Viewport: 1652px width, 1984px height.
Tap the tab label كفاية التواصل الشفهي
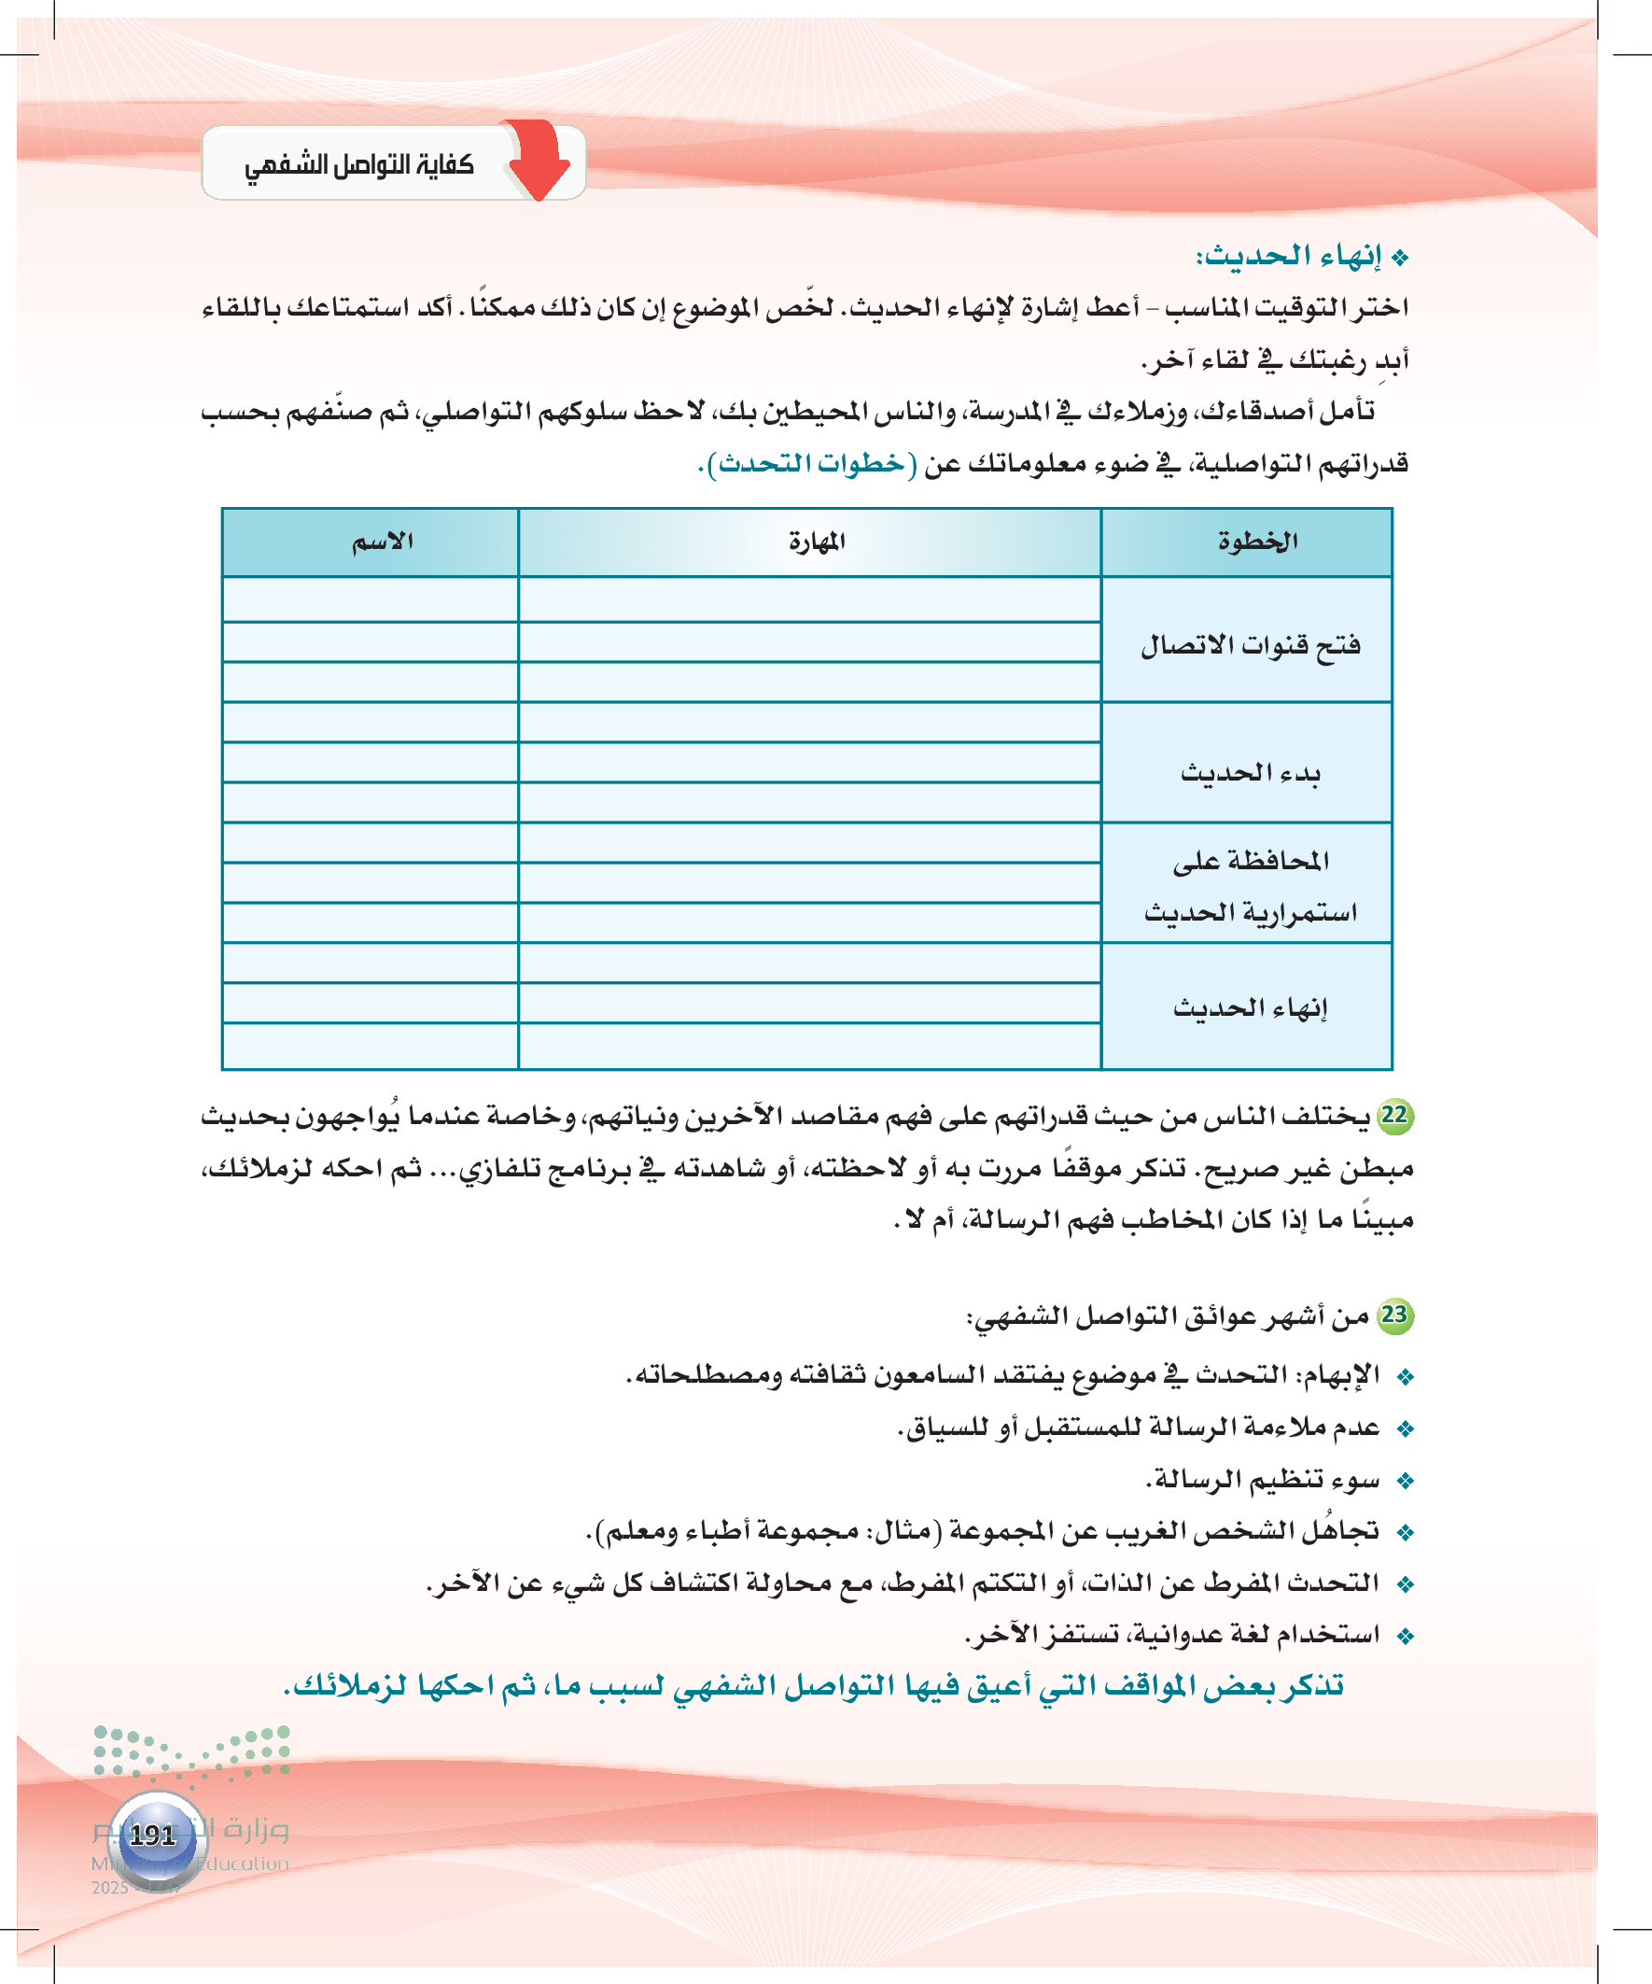pyautogui.click(x=359, y=165)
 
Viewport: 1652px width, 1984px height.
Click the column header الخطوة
pyautogui.click(x=1257, y=542)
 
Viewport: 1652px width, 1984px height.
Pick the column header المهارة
pyautogui.click(x=817, y=542)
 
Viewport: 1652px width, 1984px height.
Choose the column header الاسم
pyautogui.click(x=383, y=542)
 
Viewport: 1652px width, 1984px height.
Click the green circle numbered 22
pyautogui.click(x=1394, y=1116)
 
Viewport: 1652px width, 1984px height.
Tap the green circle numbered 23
pyautogui.click(x=1394, y=1316)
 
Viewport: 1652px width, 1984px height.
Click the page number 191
pyautogui.click(x=153, y=1835)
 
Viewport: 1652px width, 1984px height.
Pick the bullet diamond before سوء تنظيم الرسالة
pyautogui.click(x=1406, y=1481)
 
